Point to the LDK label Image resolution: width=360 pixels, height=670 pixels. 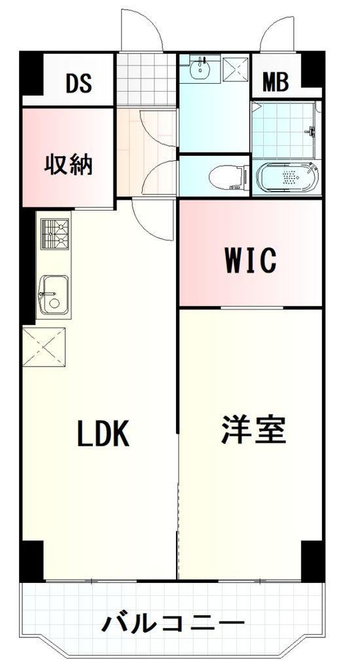[x=103, y=433]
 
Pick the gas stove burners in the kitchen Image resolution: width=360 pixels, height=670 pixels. [x=55, y=234]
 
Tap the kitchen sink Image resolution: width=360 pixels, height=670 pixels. [x=54, y=295]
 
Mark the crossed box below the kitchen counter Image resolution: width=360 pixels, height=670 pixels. [x=44, y=347]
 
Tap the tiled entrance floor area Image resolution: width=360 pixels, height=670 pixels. [x=147, y=79]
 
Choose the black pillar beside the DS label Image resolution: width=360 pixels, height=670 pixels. [x=32, y=73]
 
